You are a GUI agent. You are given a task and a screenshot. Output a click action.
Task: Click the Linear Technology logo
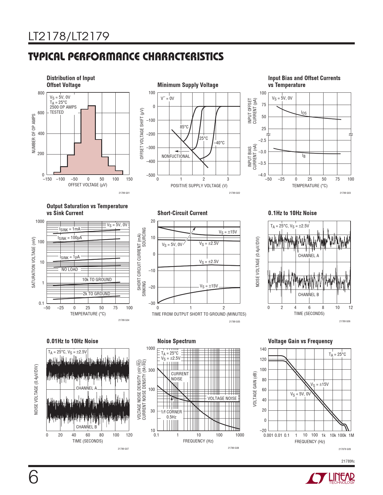click(x=330, y=478)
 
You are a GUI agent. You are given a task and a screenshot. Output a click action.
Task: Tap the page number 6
click(x=33, y=477)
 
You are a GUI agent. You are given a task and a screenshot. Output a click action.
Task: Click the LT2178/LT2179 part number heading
click(x=69, y=36)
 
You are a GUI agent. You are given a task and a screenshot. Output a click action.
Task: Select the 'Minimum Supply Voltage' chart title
click(x=188, y=85)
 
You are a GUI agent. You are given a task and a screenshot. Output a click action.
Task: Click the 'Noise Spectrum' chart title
click(x=176, y=341)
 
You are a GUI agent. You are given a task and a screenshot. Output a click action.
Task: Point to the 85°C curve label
click(x=184, y=127)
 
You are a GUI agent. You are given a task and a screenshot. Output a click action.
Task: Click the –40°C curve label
click(x=220, y=143)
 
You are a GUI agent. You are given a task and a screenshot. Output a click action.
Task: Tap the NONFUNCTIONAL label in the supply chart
click(x=176, y=156)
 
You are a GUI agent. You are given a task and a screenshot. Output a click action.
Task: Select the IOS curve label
click(x=304, y=113)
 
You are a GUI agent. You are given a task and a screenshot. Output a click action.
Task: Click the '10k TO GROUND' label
click(x=97, y=280)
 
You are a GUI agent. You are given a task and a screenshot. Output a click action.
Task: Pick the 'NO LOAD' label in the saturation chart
click(x=70, y=269)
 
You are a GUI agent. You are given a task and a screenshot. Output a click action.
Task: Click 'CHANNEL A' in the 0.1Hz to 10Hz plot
click(x=308, y=256)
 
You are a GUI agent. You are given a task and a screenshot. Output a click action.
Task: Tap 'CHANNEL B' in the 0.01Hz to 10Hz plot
click(x=87, y=427)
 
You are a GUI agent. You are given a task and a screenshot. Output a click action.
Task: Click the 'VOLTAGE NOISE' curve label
click(x=222, y=398)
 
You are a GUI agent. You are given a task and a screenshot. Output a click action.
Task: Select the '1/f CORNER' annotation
click(x=171, y=412)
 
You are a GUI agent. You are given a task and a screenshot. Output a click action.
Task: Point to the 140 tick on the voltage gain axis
click(x=263, y=349)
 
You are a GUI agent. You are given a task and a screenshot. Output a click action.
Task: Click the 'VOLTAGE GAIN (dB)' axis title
click(x=255, y=389)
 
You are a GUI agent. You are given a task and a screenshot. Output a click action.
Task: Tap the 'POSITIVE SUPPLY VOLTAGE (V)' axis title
click(x=199, y=186)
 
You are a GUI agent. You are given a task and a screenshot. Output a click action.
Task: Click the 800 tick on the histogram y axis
click(x=41, y=93)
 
